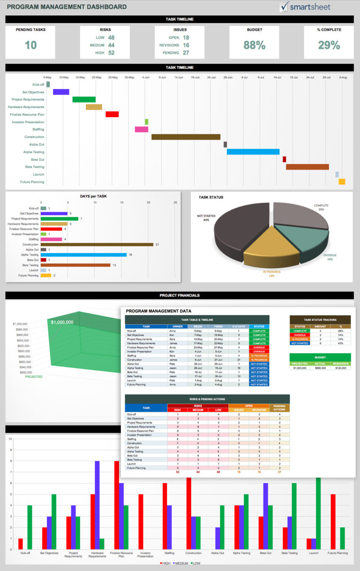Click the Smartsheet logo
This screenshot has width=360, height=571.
tap(305, 7)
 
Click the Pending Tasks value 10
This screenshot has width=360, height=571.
tap(30, 45)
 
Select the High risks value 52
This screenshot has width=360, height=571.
tap(111, 53)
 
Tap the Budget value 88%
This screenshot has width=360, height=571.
tap(255, 45)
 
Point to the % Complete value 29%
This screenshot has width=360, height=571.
tap(329, 45)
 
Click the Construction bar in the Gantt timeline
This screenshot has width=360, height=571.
tap(186, 137)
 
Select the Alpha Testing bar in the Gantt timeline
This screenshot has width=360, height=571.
tap(253, 152)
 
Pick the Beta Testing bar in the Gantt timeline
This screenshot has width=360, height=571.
tap(307, 167)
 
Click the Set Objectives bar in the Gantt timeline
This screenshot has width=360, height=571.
tap(61, 92)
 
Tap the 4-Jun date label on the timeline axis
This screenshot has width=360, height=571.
tap(146, 77)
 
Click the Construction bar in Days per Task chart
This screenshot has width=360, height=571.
tap(97, 245)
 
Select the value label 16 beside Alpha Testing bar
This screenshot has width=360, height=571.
tap(130, 255)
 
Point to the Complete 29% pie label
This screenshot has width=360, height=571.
tap(321, 207)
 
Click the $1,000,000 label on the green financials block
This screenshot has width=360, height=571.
tap(62, 322)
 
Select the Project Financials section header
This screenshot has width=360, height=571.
tap(180, 295)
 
